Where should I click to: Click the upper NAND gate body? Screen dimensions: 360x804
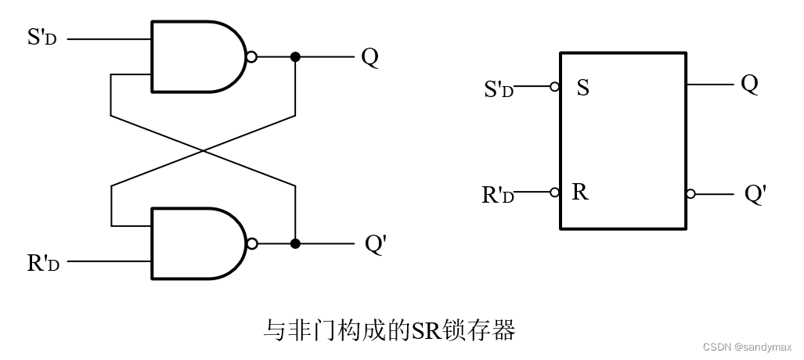click(x=196, y=56)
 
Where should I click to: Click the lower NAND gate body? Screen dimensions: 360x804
click(x=196, y=243)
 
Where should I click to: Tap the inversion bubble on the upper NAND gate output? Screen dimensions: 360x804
click(x=251, y=57)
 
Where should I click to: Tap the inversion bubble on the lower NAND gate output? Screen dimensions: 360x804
click(x=251, y=243)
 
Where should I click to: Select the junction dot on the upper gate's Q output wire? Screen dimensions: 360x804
click(x=295, y=57)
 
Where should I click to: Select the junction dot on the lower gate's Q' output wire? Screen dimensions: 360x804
click(x=295, y=243)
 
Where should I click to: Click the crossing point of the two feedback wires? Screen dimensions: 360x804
click(x=204, y=150)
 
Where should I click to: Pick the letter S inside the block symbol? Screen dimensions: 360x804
click(x=582, y=87)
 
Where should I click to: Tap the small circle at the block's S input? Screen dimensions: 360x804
click(x=555, y=87)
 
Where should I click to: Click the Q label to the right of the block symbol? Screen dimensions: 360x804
click(x=749, y=84)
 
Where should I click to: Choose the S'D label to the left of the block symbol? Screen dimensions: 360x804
click(x=499, y=89)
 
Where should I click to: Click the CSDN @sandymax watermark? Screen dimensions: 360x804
click(x=748, y=347)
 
